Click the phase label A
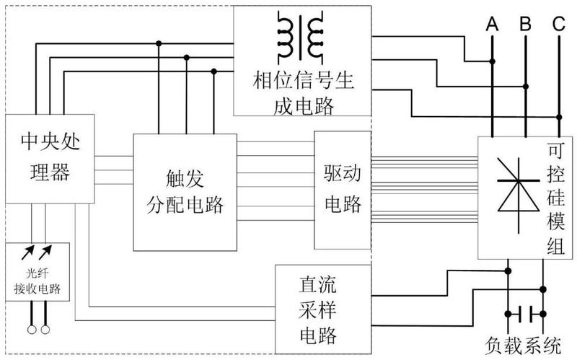[x=492, y=25]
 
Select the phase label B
[x=526, y=24]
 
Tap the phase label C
[x=558, y=24]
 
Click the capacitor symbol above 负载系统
[x=526, y=314]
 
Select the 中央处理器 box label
[x=50, y=157]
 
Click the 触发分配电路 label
[x=185, y=191]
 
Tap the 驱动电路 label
[x=343, y=188]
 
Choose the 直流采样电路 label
[x=317, y=310]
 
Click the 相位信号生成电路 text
[x=303, y=93]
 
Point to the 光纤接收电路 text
[x=38, y=281]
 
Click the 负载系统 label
[x=523, y=346]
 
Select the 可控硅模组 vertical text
[x=556, y=199]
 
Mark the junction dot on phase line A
[x=492, y=61]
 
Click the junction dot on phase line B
[x=526, y=87]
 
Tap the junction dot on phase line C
[x=559, y=117]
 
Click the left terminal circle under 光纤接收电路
[x=32, y=330]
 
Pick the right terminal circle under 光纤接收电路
[x=45, y=330]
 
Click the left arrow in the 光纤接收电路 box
[x=27, y=253]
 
